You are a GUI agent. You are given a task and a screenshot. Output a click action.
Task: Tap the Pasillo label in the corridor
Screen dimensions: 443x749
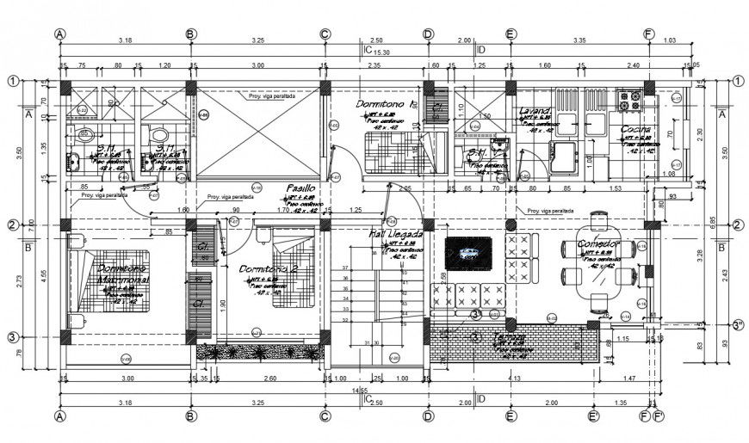(300, 188)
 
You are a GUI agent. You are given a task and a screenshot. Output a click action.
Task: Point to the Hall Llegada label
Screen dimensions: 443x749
(396, 234)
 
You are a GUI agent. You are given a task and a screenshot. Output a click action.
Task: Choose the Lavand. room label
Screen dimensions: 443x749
(535, 111)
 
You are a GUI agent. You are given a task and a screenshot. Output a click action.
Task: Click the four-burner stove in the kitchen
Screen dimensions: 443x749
(628, 101)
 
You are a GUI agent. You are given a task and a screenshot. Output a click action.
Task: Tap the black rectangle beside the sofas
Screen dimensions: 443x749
(468, 254)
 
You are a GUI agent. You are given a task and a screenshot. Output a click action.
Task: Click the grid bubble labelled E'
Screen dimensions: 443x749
(593, 416)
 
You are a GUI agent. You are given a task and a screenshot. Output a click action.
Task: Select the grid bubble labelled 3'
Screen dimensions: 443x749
(738, 326)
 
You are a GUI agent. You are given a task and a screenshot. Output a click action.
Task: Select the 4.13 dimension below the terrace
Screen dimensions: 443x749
(515, 378)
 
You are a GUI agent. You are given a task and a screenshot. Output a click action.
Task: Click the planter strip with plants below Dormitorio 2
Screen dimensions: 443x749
(258, 351)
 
